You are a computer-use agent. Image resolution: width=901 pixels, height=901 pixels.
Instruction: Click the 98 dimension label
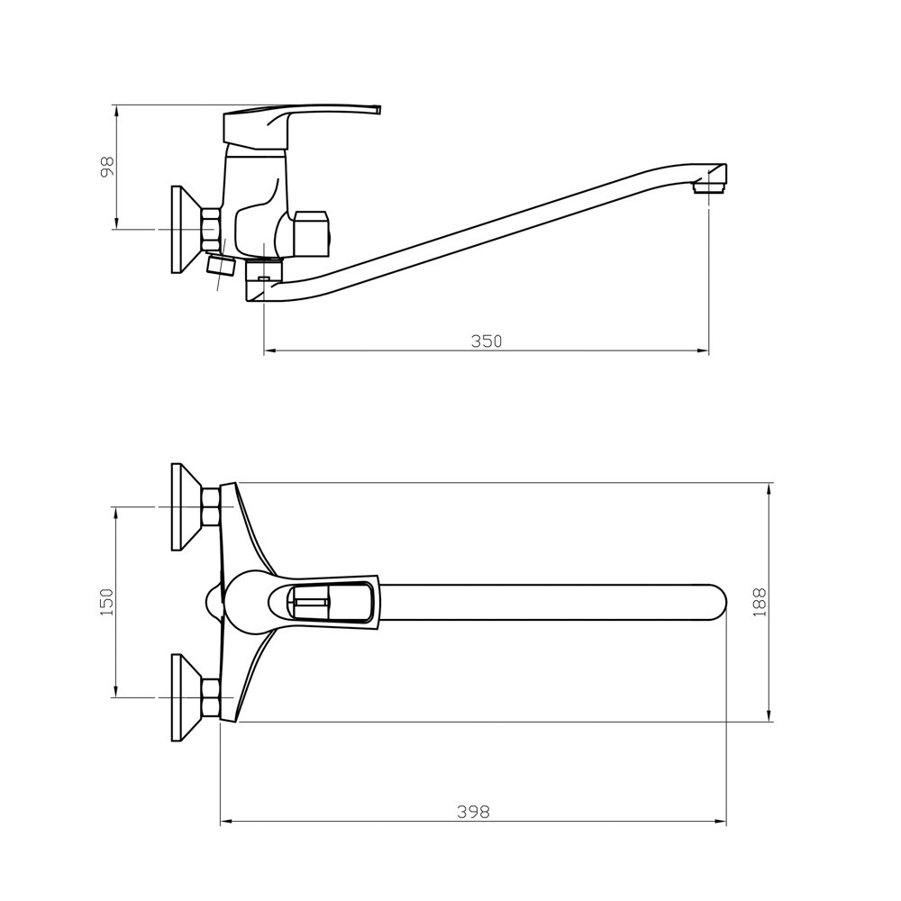pos(107,167)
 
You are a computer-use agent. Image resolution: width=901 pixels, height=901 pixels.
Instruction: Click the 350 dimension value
pos(487,341)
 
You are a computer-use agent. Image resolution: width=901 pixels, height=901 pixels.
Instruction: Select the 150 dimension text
pos(107,602)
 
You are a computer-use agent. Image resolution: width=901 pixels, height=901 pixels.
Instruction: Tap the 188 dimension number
pos(760,602)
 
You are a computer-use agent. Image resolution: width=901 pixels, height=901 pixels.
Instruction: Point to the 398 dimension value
pos(474,812)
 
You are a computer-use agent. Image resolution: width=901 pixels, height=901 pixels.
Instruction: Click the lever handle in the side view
pos(301,124)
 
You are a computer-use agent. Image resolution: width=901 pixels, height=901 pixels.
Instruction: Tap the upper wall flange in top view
pos(187,506)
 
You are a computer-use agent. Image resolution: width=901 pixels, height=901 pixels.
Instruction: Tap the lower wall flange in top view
pos(187,697)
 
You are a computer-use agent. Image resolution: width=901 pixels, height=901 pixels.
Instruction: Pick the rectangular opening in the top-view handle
pos(330,602)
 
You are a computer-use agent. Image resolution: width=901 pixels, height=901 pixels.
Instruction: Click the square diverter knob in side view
pos(312,233)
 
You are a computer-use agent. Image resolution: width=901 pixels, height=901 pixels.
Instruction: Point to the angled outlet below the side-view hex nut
pos(221,264)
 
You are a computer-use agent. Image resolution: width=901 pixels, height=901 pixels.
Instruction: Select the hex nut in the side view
pos(210,229)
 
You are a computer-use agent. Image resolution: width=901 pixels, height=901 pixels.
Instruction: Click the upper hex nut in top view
pos(210,506)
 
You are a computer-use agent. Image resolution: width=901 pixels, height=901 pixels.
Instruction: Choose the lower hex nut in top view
pos(210,697)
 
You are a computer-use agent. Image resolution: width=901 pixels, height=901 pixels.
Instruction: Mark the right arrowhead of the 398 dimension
pos(721,821)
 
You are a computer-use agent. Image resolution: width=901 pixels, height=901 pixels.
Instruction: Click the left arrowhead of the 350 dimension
pos(270,350)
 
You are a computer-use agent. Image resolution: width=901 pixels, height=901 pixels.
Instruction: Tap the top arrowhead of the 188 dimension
pos(769,489)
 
